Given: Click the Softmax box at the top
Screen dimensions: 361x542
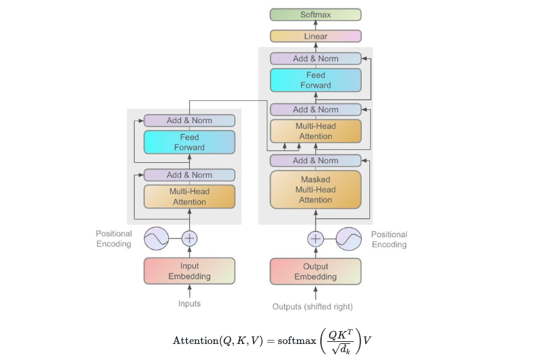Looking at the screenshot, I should pos(315,14).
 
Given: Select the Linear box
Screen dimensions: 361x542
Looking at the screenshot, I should pos(315,36).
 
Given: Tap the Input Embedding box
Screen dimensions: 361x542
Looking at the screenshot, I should pos(189,271).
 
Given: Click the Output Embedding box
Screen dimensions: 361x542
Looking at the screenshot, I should pos(315,271).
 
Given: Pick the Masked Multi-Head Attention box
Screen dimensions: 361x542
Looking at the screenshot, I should pos(315,189).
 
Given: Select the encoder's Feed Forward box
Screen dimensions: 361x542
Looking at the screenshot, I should pos(189,142).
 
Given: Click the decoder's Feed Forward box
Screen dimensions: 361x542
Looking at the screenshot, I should pos(315,80).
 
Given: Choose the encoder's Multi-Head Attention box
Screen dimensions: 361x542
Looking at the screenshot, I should pos(189,196).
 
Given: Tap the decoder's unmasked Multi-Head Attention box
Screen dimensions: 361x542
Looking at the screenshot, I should pos(315,131).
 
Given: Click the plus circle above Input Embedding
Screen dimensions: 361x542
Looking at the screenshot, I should pos(189,238).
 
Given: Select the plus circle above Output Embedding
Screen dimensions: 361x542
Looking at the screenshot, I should pos(316,238).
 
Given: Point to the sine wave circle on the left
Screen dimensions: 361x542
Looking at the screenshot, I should pos(156,238).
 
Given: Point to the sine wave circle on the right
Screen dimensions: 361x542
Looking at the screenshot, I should pos(349,238).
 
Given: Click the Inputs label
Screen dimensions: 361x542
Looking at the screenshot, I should pos(189,304).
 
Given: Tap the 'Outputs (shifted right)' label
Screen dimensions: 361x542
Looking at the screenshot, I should pos(312,307).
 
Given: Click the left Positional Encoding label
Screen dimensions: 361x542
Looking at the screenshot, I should pos(114,239).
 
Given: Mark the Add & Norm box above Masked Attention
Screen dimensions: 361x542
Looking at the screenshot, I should pos(315,161).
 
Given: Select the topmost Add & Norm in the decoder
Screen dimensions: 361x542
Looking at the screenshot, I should pos(315,59).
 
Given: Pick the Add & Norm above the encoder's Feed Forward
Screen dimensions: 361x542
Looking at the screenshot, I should pos(189,121).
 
